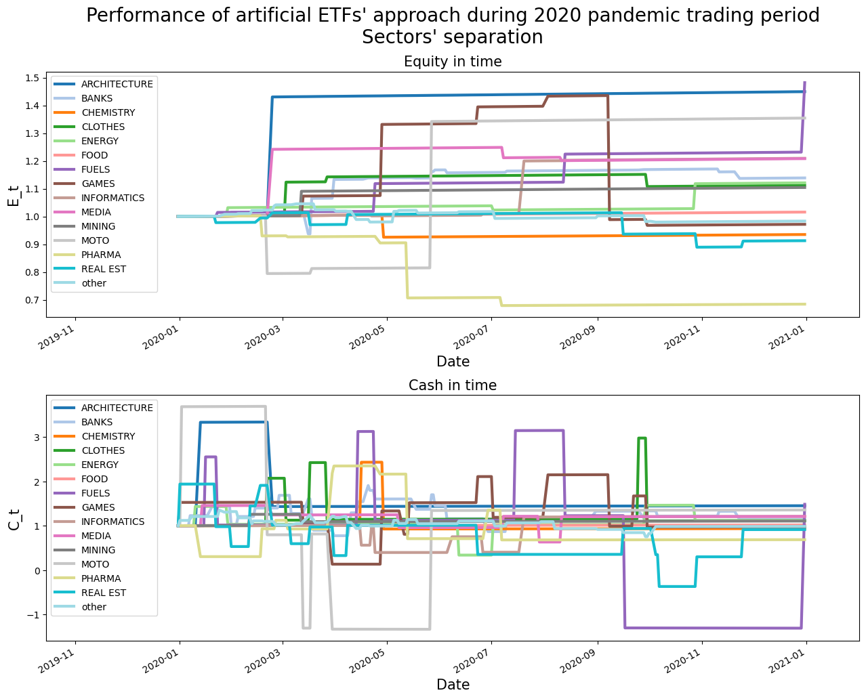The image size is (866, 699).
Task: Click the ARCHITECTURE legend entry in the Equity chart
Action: (117, 84)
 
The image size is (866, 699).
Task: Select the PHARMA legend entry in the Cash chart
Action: (101, 578)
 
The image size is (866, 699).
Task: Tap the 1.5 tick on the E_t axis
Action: (33, 79)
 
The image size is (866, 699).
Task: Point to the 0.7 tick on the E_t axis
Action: (33, 300)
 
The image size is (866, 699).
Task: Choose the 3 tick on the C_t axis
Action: (37, 438)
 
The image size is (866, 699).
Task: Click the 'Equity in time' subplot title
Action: (453, 62)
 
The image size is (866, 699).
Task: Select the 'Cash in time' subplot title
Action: (453, 385)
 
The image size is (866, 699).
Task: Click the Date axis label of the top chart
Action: (453, 361)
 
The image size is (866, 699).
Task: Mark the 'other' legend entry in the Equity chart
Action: (94, 283)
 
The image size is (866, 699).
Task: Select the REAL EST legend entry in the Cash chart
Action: (104, 593)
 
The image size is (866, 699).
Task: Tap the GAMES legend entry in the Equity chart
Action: (98, 184)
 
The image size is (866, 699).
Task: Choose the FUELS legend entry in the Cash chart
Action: (96, 493)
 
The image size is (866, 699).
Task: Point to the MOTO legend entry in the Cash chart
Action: (95, 564)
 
